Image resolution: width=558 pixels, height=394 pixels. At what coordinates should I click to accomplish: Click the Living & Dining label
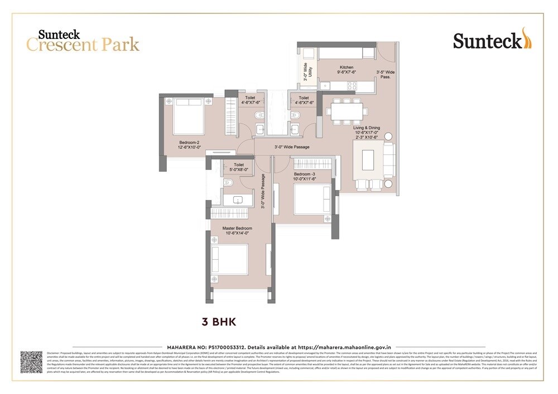[365, 130]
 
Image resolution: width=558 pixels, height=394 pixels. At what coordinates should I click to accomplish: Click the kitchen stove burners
[352, 85]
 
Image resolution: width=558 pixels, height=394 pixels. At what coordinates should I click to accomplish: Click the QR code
[32, 363]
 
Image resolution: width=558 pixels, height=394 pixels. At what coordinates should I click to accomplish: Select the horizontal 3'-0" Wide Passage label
[292, 147]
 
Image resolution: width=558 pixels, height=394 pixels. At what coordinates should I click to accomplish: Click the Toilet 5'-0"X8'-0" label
[239, 168]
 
